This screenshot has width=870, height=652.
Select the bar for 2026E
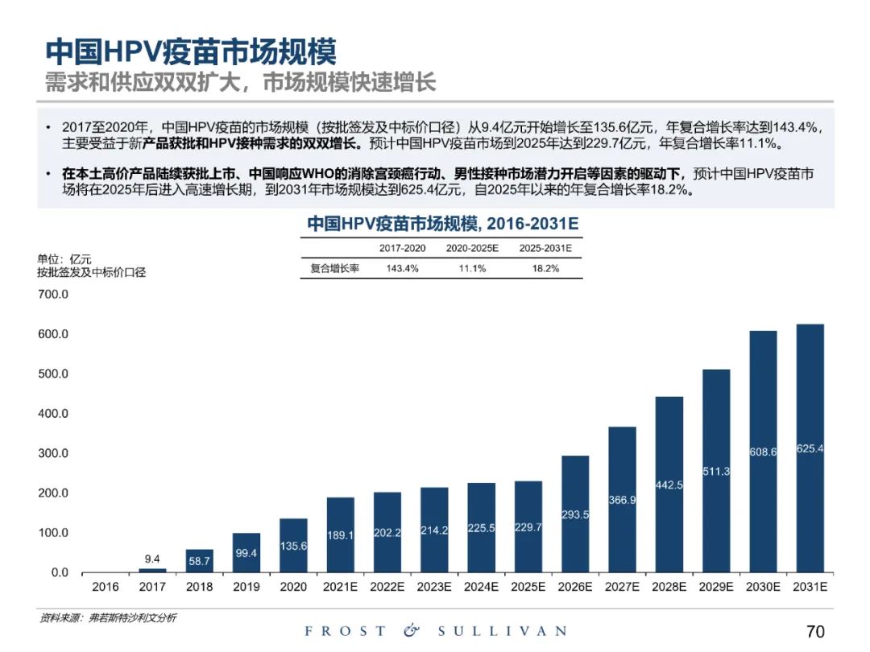(x=575, y=514)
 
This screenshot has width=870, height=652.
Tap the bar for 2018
(x=199, y=561)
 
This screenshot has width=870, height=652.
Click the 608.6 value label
(x=763, y=452)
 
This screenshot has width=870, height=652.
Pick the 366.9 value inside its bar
(x=622, y=500)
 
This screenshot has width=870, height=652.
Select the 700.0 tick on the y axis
(x=53, y=295)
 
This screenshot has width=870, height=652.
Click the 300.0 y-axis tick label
(x=53, y=453)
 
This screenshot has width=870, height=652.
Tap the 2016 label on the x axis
(x=106, y=587)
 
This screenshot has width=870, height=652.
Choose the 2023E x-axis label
(x=434, y=587)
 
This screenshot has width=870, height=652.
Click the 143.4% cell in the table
(x=402, y=269)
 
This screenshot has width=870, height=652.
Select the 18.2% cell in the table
(x=545, y=269)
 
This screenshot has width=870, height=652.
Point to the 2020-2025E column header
(x=473, y=248)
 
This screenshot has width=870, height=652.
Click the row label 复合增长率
(x=334, y=269)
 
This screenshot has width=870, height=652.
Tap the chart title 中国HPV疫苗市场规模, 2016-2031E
(x=443, y=223)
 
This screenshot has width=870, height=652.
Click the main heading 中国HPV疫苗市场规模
(x=190, y=52)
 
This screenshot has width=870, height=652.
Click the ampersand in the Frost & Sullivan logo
(x=412, y=631)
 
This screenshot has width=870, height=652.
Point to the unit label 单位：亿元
(x=64, y=259)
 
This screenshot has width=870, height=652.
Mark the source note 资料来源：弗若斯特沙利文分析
(x=108, y=617)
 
